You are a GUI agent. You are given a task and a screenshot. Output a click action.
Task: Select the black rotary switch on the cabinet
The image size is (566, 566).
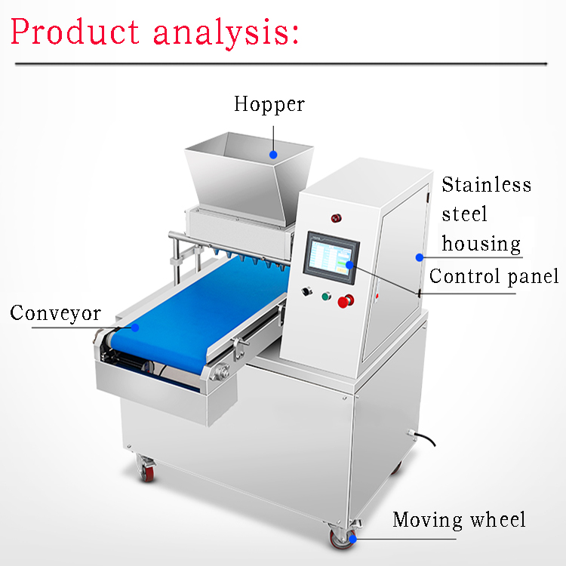306,291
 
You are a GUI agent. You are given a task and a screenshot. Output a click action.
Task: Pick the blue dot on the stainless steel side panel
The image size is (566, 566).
419,257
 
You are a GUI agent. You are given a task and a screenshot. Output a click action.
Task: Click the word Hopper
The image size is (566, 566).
269,104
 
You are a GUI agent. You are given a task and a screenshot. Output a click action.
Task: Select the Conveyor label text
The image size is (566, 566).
55,313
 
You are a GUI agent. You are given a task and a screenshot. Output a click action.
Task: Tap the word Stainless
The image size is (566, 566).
486,185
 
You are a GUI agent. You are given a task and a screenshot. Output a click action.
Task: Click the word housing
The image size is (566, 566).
481,244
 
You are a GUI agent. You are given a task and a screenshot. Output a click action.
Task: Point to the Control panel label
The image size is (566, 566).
494,276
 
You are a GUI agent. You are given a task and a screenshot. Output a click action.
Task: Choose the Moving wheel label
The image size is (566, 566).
458,520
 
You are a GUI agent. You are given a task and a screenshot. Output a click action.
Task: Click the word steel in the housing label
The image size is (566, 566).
464,214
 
